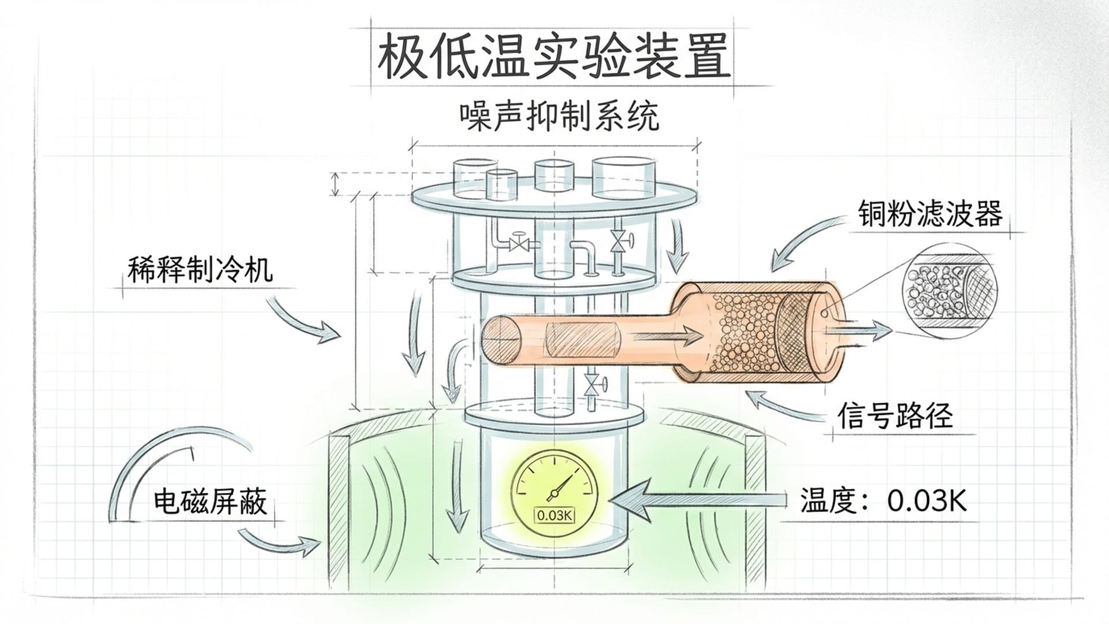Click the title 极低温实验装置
point(553,57)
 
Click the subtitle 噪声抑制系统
point(559,117)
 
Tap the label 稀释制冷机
point(200,270)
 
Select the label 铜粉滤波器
point(929,214)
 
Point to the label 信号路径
point(895,415)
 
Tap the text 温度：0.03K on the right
point(883,500)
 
